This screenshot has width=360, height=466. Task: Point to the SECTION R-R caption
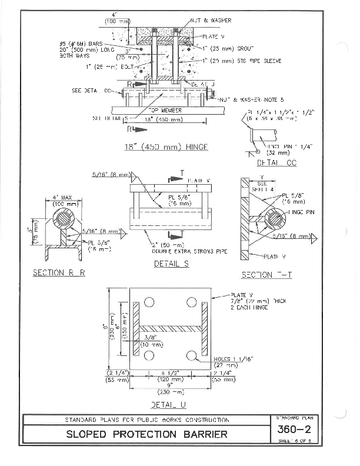point(59,272)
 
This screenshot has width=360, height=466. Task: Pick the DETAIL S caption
point(171,264)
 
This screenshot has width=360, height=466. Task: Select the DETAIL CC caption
point(276,162)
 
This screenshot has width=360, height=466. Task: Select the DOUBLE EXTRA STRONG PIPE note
point(179,251)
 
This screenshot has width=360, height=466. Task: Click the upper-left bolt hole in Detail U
point(149,302)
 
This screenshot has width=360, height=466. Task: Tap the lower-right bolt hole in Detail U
point(191,355)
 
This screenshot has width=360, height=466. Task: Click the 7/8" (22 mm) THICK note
point(259,301)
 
